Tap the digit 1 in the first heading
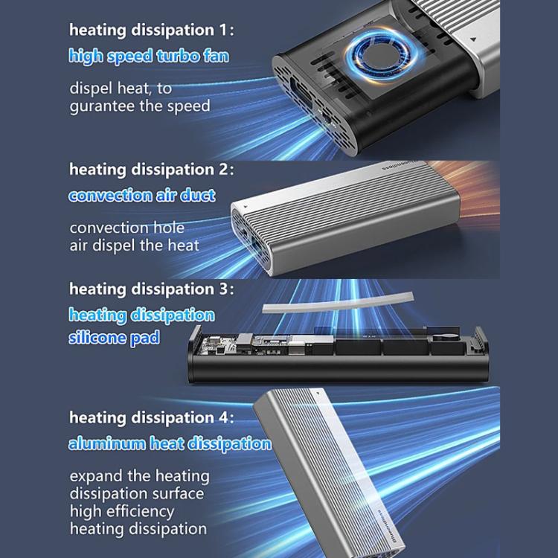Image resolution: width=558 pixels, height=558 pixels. click(222, 30)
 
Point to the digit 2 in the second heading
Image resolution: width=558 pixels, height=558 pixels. click(223, 169)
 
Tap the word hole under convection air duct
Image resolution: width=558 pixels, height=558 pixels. click(169, 228)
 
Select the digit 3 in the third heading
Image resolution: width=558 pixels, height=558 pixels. click(223, 289)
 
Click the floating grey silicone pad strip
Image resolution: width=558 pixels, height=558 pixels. click(338, 304)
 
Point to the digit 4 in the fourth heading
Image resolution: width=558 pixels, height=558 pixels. click(223, 417)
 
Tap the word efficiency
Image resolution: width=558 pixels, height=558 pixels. click(140, 512)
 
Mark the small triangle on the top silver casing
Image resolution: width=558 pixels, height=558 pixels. click(473, 39)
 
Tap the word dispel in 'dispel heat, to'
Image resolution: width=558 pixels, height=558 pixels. click(91, 89)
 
